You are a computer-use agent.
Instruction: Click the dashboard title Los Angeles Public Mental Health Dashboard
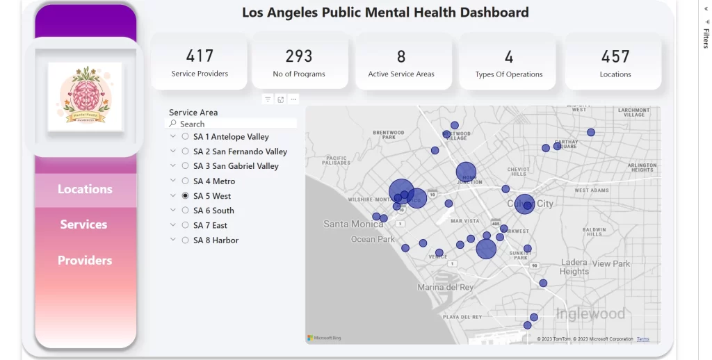(385, 13)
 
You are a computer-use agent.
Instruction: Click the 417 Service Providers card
(200, 61)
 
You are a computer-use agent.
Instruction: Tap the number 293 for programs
(299, 56)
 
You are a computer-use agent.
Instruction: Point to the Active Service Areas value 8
(401, 56)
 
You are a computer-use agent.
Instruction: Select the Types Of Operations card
(508, 62)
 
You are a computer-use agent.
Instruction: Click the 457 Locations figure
(615, 56)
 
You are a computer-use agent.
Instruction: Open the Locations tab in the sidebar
(85, 189)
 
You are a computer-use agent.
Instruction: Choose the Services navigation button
(83, 224)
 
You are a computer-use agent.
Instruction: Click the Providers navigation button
(85, 261)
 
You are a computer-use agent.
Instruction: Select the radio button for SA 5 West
(185, 196)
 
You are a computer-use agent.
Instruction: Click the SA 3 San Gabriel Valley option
(236, 166)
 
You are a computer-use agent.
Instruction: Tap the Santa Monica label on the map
(353, 224)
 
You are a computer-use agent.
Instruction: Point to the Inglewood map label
(590, 314)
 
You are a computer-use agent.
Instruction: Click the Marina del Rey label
(445, 287)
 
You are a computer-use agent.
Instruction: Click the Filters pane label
(706, 38)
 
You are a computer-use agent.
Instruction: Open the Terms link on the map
(643, 339)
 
